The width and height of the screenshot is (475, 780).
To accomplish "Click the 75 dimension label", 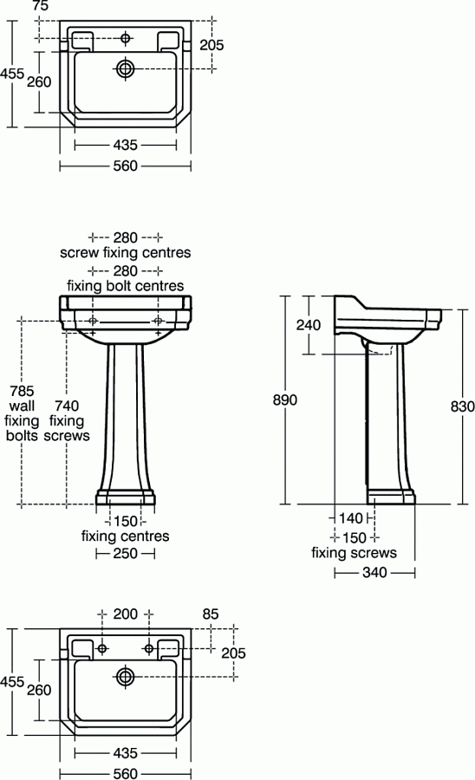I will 40,6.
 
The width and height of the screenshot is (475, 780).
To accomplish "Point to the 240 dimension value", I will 309,325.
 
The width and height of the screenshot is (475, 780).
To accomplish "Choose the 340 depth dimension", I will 374,572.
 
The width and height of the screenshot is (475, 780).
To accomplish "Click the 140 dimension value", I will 352,518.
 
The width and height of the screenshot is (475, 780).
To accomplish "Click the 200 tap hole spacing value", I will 126,614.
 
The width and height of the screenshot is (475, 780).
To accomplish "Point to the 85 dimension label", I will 211,614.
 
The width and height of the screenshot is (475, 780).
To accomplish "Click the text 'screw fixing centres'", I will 126,253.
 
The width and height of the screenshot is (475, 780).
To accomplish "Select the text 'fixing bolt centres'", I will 126,285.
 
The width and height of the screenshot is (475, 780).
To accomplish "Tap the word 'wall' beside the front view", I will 20,405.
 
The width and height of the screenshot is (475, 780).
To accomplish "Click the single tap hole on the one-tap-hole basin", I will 127,38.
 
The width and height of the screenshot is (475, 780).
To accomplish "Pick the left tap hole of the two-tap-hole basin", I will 102,647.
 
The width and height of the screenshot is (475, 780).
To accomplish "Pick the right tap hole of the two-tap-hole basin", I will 149,647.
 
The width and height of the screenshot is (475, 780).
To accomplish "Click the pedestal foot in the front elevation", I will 126,497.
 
